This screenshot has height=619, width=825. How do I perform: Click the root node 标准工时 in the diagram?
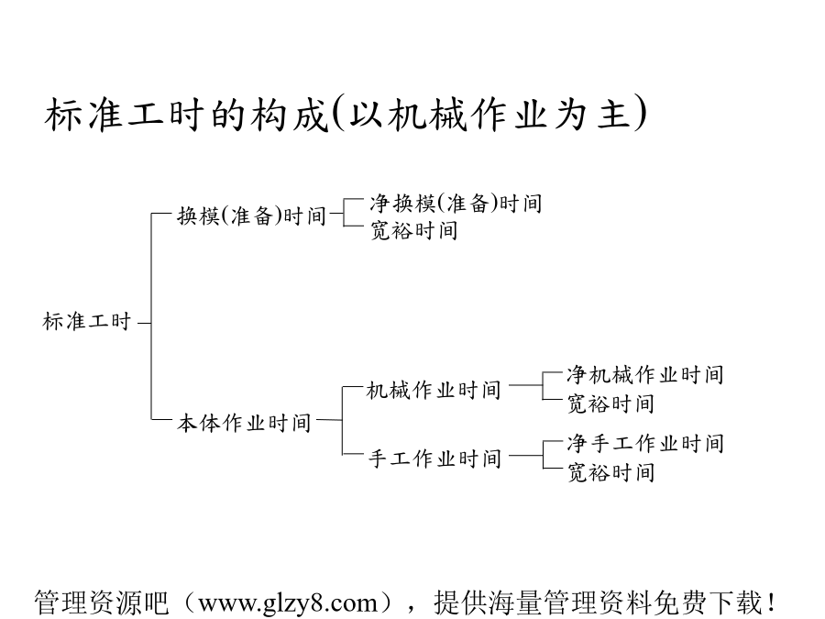point(87,321)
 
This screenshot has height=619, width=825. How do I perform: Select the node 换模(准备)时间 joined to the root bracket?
point(251,216)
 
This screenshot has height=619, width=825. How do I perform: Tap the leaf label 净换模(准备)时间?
point(456,204)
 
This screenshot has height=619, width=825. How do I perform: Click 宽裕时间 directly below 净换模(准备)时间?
point(413,230)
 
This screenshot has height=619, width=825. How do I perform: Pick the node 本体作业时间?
point(244,423)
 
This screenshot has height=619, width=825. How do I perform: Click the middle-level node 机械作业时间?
point(434,390)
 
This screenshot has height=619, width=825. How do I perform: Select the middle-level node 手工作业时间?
point(434,459)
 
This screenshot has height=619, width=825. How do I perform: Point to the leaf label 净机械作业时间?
point(645,375)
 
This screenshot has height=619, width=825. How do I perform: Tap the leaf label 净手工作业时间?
point(645,443)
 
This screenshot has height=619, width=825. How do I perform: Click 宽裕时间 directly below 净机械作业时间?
point(610,403)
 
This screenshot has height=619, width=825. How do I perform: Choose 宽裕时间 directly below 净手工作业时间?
point(610,472)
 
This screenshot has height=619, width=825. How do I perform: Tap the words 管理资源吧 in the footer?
point(102,602)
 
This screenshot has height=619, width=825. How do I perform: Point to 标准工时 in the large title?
point(124,115)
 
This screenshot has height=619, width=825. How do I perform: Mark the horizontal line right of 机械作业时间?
point(525,385)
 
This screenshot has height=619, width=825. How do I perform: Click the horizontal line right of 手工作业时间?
point(525,455)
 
